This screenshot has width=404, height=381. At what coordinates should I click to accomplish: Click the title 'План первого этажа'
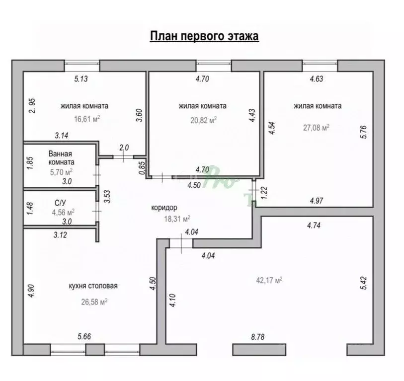click(x=204, y=36)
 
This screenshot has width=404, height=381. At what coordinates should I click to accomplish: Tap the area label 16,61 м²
click(x=87, y=119)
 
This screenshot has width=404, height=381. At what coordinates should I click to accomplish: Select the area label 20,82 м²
click(x=204, y=120)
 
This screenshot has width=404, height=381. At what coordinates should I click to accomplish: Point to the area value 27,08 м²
click(x=316, y=127)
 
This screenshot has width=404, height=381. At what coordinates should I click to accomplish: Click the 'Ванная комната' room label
click(x=61, y=158)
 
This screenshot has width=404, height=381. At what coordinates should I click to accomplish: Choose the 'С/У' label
click(x=60, y=203)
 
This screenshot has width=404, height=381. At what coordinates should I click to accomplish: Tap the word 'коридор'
click(x=164, y=208)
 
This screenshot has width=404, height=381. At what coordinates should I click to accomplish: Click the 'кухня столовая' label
click(x=93, y=286)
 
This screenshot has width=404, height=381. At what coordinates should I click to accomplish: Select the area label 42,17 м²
click(x=269, y=280)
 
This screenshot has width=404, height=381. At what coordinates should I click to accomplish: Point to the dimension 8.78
click(x=257, y=337)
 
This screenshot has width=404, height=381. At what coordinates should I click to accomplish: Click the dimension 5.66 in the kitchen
click(x=84, y=336)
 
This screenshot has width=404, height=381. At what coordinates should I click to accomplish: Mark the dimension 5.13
click(x=81, y=78)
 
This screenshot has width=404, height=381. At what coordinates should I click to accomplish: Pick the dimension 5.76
click(x=363, y=132)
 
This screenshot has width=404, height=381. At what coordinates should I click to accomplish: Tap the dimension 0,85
click(x=142, y=168)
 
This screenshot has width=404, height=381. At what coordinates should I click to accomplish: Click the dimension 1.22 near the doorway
click(x=264, y=193)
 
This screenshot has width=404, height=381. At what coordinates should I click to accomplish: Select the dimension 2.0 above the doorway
click(x=124, y=148)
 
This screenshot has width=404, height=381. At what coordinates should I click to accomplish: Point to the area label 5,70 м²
click(x=61, y=172)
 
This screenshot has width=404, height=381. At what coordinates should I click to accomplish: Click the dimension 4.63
click(x=317, y=78)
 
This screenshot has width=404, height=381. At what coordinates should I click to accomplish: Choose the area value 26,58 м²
click(x=94, y=302)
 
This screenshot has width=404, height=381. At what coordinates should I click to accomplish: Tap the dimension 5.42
click(x=363, y=283)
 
